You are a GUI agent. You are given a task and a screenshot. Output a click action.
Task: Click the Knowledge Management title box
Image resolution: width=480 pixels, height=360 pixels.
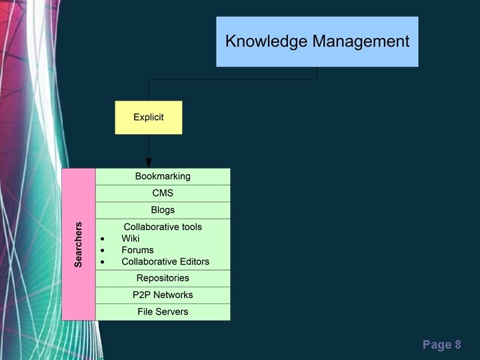317,41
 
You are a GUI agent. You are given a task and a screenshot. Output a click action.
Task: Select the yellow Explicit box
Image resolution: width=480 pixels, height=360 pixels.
148,117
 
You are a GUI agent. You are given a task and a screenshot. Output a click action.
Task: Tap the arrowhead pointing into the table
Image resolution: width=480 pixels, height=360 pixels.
149,163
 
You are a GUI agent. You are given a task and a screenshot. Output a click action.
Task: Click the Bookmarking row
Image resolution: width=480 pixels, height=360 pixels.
163,177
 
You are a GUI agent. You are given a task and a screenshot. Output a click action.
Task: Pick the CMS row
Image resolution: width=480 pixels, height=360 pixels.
163,193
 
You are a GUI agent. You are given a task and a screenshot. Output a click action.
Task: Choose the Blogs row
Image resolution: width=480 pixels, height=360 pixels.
163,210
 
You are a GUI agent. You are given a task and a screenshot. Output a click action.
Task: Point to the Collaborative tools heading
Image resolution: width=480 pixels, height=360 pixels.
163,227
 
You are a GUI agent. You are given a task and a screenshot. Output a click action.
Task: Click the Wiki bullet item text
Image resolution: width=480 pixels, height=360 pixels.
131,239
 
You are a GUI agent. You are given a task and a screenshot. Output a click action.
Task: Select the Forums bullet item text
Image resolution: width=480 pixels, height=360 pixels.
137,250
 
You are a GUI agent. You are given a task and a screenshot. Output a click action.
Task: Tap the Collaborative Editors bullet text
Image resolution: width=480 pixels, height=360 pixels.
165,262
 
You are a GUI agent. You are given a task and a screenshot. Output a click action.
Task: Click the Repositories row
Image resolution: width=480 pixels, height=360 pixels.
163,278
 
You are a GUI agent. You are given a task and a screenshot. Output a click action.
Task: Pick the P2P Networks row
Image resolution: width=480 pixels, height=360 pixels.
163,295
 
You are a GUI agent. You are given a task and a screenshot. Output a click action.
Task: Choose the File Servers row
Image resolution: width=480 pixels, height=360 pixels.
163,311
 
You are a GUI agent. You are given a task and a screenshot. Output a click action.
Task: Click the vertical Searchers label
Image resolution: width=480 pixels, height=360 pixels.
79,245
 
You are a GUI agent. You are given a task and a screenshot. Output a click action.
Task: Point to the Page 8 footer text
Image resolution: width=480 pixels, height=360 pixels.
441,345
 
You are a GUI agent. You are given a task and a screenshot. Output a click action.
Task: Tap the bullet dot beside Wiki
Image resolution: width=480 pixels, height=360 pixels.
102,239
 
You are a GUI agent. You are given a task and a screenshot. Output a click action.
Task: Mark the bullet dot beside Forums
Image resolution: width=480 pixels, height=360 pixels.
102,251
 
